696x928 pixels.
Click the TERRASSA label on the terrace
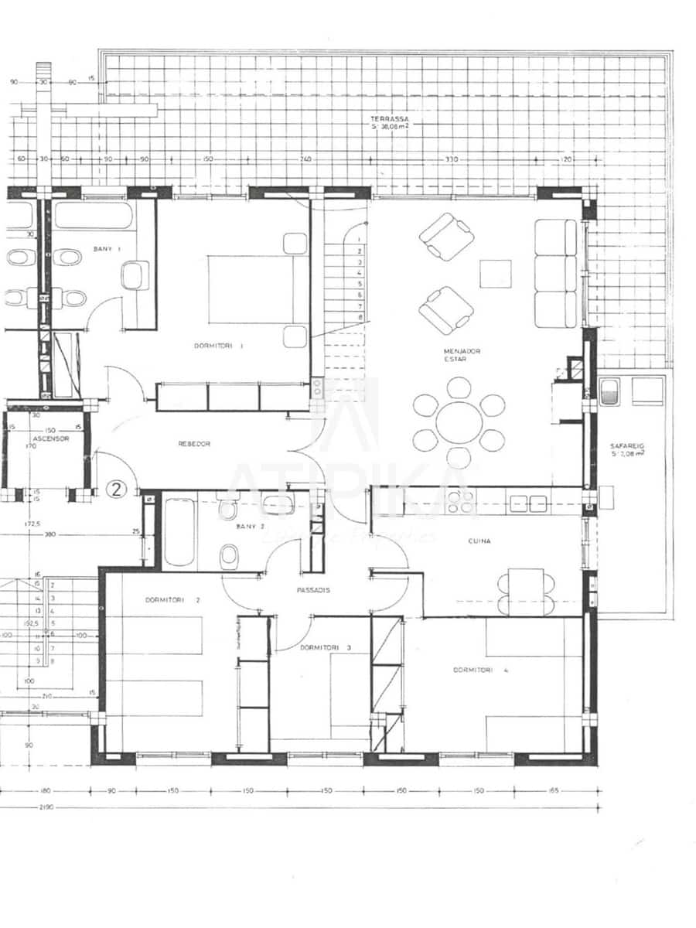[389, 120]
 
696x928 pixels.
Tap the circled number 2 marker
[116, 489]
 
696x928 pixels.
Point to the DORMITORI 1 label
[219, 346]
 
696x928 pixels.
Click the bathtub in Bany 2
[180, 531]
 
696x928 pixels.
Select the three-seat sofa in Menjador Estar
[557, 273]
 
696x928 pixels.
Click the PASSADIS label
[314, 589]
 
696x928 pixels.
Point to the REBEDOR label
[194, 444]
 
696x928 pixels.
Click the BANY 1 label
[104, 249]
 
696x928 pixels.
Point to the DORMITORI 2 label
[172, 600]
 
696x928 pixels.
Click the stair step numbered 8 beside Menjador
[360, 317]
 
